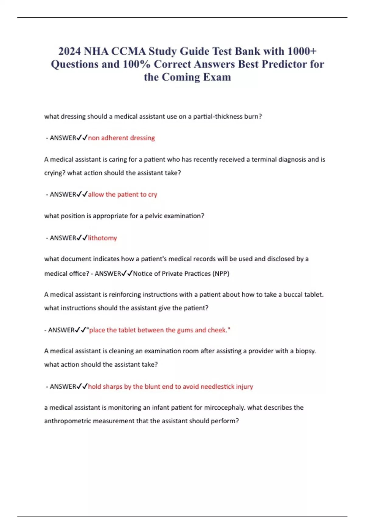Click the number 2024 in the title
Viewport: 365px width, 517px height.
pyautogui.click(x=70, y=51)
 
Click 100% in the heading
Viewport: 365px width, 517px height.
pyautogui.click(x=137, y=64)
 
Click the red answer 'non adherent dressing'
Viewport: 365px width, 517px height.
pyautogui.click(x=121, y=138)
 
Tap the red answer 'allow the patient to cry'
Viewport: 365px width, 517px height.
pyautogui.click(x=123, y=194)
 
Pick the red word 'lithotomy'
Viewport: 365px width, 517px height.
pyautogui.click(x=103, y=238)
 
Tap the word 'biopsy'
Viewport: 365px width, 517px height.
pyautogui.click(x=305, y=351)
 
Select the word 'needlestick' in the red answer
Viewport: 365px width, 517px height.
pyautogui.click(x=217, y=387)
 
